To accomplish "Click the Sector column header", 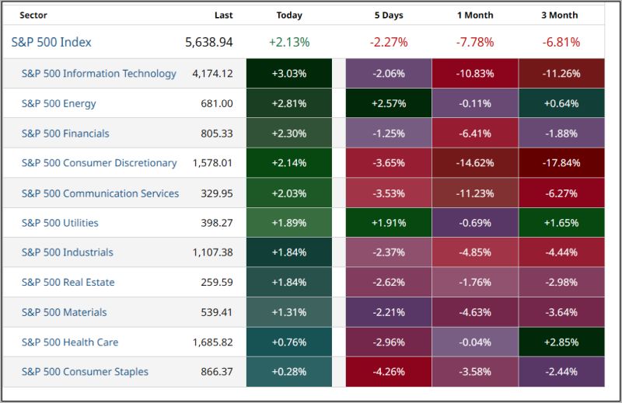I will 33,15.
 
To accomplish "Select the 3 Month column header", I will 561,15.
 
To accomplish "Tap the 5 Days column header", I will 388,15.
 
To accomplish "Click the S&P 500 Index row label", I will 51,42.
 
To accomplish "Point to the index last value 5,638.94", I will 209,42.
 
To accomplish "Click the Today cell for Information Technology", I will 289,74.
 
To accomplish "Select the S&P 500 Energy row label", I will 59,103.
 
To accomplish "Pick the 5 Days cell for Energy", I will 388,103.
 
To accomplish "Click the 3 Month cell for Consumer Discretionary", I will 561,163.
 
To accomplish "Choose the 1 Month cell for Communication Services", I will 474,193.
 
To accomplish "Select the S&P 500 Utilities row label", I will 60,223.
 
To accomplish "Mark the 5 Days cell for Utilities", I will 388,223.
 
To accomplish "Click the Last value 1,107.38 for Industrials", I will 212,252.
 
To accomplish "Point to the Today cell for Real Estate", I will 289,283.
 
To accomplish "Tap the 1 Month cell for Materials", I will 474,312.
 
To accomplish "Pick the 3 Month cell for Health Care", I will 561,342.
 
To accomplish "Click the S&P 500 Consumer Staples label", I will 85,372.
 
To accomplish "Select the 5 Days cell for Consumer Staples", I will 388,372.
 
